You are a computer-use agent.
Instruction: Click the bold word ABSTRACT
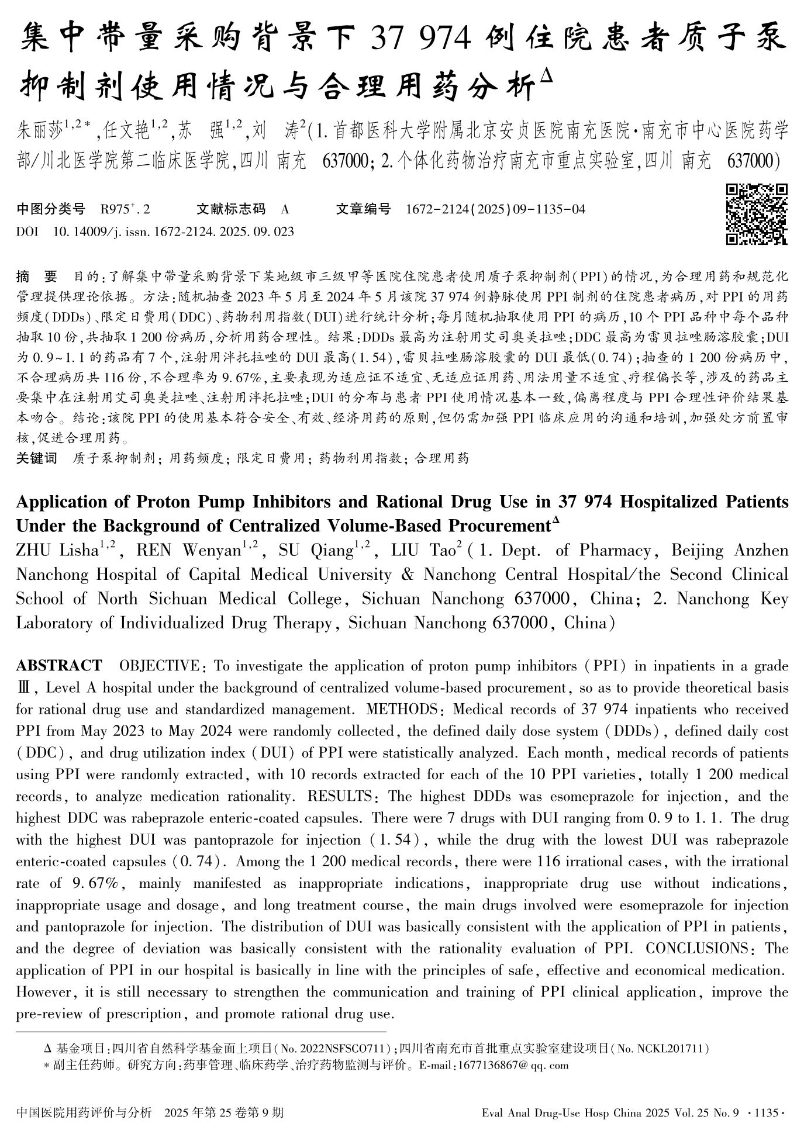point(58,666)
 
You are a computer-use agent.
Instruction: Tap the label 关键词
point(37,458)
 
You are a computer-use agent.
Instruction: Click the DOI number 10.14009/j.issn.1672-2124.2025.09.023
point(174,231)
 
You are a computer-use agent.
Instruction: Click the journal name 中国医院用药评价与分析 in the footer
point(84,1112)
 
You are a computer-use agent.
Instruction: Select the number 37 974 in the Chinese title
point(422,38)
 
